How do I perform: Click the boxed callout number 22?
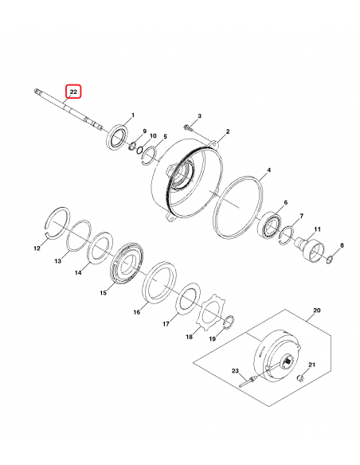(72, 92)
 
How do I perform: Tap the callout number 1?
(132, 115)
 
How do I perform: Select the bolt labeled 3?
(186, 128)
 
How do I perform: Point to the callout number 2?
(227, 131)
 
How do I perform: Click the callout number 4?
(268, 170)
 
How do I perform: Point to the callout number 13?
(57, 261)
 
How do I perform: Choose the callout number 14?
(78, 273)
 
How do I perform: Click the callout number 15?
(102, 294)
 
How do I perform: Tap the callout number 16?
(136, 311)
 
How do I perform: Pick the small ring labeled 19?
(227, 322)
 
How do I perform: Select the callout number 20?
(315, 309)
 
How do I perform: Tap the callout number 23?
(235, 371)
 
